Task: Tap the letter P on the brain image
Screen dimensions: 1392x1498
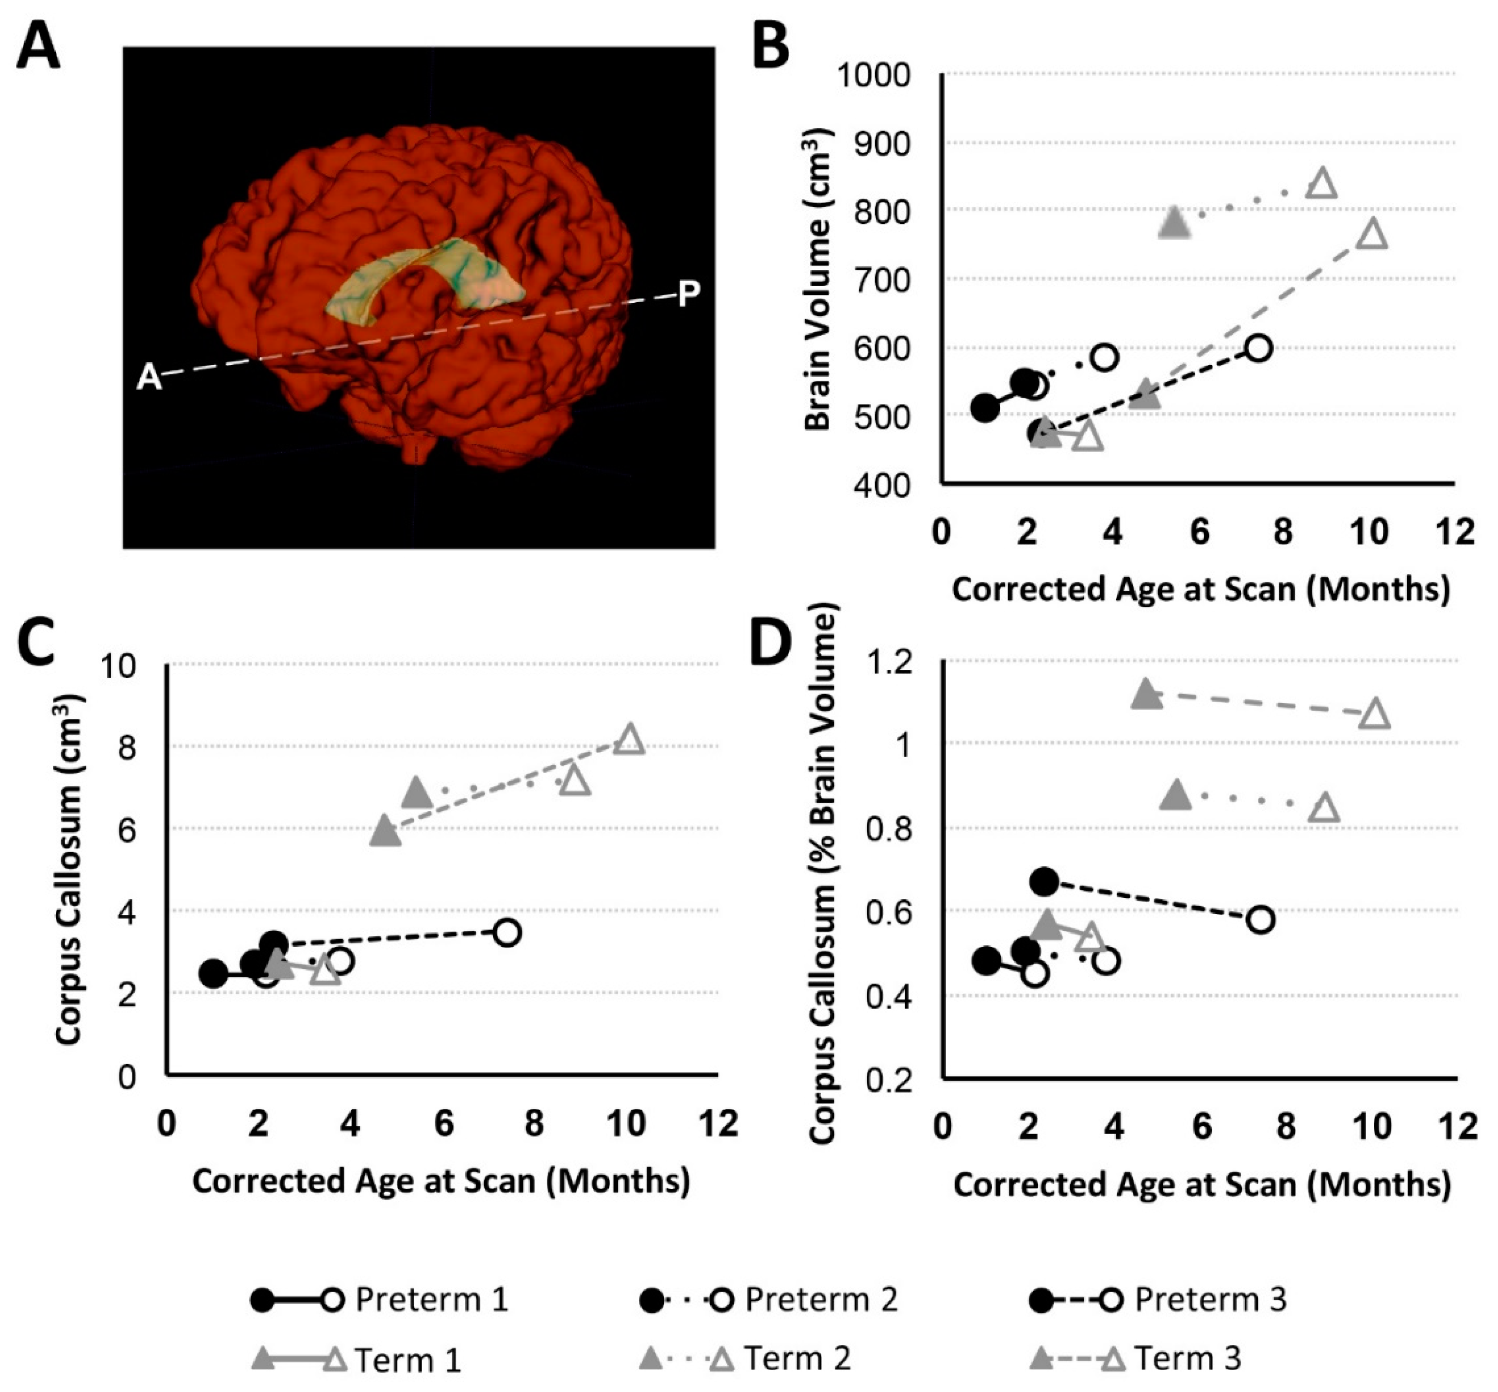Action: (688, 294)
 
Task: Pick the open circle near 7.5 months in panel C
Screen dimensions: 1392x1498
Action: (508, 933)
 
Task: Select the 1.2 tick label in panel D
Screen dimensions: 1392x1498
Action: (890, 664)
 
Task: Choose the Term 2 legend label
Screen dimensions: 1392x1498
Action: (797, 1358)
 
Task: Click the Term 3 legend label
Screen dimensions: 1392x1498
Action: (1187, 1358)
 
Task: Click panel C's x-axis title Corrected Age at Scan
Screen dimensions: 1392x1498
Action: (441, 1181)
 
